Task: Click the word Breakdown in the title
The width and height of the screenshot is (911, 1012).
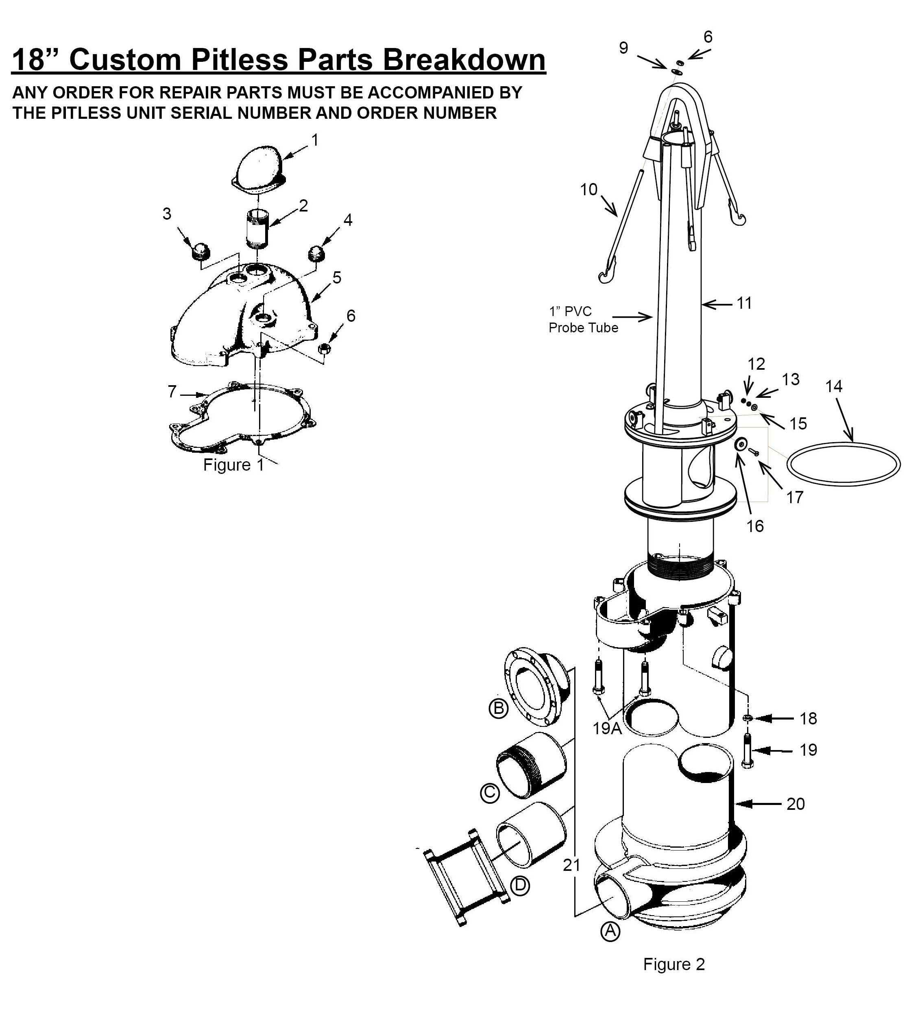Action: coord(464,59)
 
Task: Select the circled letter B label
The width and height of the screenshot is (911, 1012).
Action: coord(498,708)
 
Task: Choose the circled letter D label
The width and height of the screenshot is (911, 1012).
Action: coord(520,885)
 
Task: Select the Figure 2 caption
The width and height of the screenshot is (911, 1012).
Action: coord(674,964)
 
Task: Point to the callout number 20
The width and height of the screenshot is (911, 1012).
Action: coord(795,804)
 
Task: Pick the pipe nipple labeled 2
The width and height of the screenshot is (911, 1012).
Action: coord(258,230)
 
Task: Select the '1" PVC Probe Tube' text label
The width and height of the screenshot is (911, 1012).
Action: coord(583,319)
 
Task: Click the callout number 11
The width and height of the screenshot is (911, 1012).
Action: coord(744,303)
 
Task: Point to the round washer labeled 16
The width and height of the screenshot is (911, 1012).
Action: coord(740,443)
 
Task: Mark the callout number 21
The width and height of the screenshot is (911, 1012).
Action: coord(572,865)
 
